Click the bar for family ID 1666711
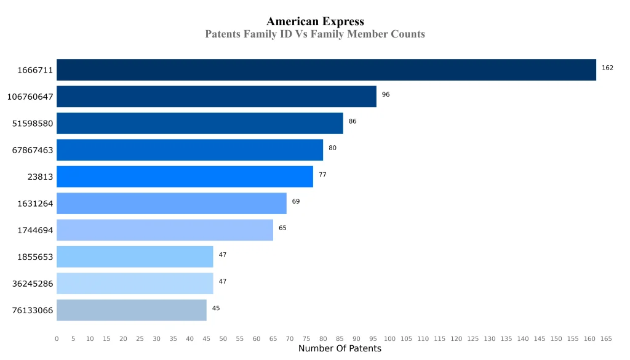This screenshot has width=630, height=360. click(326, 70)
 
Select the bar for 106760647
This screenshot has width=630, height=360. click(216, 97)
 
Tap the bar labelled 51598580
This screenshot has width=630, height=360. click(199, 123)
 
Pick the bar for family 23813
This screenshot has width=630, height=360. click(185, 177)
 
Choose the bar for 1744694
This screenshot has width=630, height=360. click(165, 230)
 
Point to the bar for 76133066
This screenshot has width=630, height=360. click(132, 310)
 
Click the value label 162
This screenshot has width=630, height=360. click(607, 68)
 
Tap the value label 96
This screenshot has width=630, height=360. click(386, 95)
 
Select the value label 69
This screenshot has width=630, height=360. click(296, 201)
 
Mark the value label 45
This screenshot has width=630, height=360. click(216, 308)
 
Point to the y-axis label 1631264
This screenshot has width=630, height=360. click(35, 204)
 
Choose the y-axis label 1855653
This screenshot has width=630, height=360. click(35, 257)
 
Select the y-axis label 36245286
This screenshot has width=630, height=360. click(33, 284)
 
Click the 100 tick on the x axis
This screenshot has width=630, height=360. click(389, 339)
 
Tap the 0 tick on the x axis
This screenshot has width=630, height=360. click(57, 339)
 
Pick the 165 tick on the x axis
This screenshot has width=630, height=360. click(606, 339)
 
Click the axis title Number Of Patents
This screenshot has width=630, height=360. click(340, 349)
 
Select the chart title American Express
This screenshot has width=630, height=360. click(315, 22)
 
